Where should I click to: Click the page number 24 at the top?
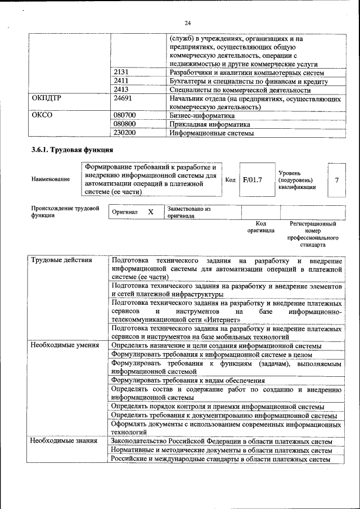(188, 22)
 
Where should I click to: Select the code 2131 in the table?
(121, 73)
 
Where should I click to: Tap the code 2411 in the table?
(121, 82)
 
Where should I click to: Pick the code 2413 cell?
(121, 90)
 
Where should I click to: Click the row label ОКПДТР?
(47, 98)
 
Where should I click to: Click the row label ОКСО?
(42, 115)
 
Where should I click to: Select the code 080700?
(125, 115)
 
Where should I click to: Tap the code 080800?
(125, 124)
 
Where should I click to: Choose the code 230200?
(125, 133)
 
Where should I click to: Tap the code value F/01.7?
(253, 180)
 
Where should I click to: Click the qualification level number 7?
(336, 180)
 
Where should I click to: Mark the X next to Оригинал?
(150, 212)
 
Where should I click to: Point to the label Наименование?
(51, 179)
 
